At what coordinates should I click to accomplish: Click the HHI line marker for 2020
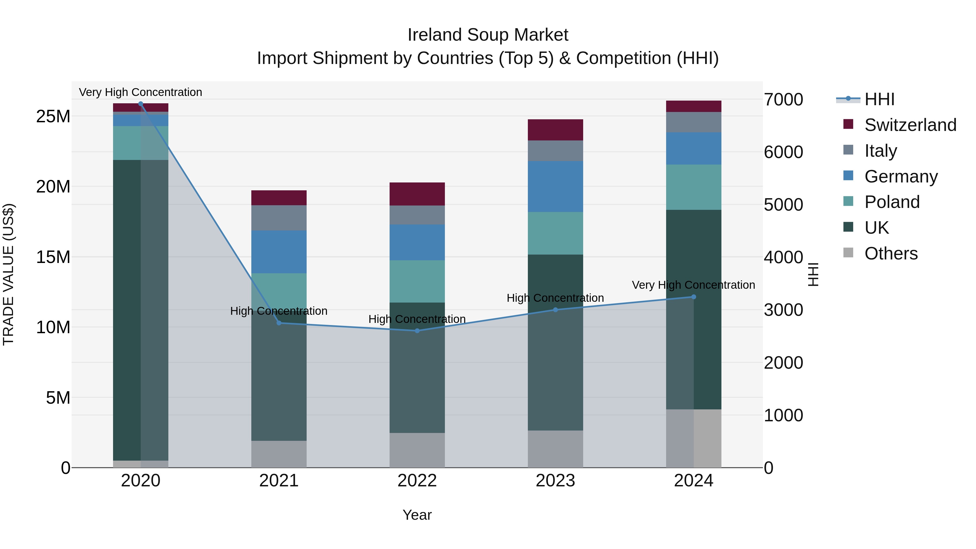tap(140, 104)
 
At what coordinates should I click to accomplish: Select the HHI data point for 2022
tap(417, 331)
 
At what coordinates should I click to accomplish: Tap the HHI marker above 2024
tap(694, 297)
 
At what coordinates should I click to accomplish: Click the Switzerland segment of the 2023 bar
tap(556, 130)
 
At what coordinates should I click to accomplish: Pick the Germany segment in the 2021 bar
tap(279, 252)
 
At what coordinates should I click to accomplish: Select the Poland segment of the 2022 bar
tap(417, 281)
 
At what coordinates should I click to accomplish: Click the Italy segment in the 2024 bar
tap(694, 122)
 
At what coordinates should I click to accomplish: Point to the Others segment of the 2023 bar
tap(556, 449)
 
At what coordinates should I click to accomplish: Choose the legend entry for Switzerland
tap(910, 125)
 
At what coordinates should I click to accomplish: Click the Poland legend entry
tap(892, 202)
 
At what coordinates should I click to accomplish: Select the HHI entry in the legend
tap(879, 99)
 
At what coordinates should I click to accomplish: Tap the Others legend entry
tap(891, 253)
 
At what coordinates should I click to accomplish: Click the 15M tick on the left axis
tap(53, 257)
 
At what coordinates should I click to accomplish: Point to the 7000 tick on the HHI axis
tap(783, 100)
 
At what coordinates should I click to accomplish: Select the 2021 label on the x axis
tap(279, 481)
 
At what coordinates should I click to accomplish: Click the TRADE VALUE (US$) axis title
tap(8, 274)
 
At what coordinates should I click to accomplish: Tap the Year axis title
tap(417, 515)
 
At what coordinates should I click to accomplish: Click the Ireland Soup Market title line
tap(488, 35)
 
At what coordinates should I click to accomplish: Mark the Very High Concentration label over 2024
tap(693, 285)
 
